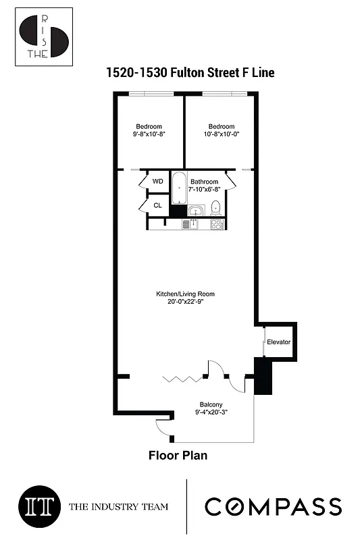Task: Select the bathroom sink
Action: (195, 210)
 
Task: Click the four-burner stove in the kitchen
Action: (217, 223)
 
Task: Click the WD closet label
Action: (157, 182)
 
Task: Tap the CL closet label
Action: (157, 205)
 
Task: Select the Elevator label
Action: (278, 342)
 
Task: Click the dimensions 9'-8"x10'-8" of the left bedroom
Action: (149, 134)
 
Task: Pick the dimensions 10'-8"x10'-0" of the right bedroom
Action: (221, 134)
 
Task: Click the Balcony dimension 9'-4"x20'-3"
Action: (211, 412)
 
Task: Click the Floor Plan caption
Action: (178, 456)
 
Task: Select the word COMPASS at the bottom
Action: (273, 506)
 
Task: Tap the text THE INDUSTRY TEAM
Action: (118, 507)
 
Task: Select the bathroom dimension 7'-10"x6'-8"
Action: (204, 190)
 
